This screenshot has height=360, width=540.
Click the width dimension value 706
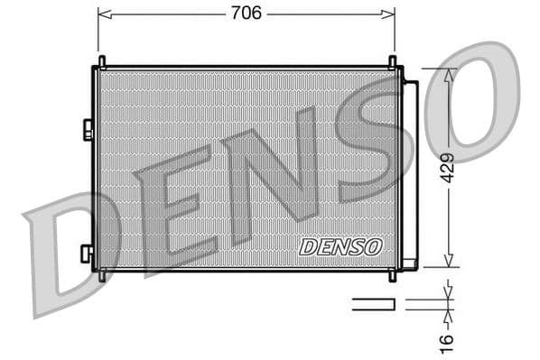tap(247, 13)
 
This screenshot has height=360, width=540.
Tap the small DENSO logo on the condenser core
tap(341, 246)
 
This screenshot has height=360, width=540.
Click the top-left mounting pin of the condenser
tap(102, 61)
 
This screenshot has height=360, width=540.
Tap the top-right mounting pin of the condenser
tap(393, 61)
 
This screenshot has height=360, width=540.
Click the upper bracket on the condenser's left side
tap(88, 130)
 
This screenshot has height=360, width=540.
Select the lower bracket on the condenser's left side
tap(87, 254)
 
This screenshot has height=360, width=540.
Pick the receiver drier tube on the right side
tap(410, 171)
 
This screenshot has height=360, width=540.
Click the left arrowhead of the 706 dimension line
tap(101, 14)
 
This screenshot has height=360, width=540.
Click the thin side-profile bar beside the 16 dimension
tap(373, 304)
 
